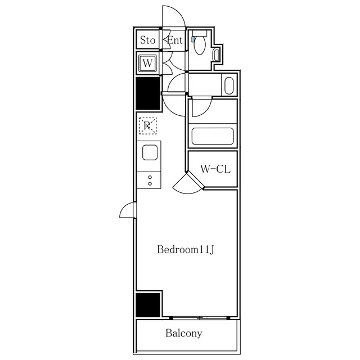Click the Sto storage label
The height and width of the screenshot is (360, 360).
(147, 40)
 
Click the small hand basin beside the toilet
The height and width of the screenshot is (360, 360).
(217, 54)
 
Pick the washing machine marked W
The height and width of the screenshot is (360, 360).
(147, 63)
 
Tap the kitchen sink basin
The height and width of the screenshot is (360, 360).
(150, 152)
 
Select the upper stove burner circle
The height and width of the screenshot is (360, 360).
(150, 177)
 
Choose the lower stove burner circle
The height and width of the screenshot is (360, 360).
(150, 184)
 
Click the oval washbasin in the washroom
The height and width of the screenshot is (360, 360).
(228, 86)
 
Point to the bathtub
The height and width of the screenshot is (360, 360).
(213, 137)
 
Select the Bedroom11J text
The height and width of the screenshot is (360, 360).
(186, 249)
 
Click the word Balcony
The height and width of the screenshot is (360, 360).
(184, 333)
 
